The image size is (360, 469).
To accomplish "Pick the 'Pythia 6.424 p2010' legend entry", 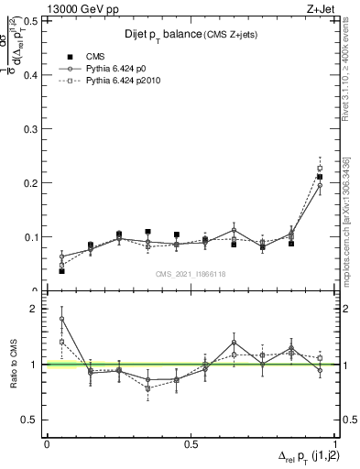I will click(x=122, y=82).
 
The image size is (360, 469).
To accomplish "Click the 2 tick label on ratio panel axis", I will click(x=36, y=309).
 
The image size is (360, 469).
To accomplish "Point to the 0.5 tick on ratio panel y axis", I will click(x=31, y=420).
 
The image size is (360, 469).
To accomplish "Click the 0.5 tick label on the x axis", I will click(x=191, y=443).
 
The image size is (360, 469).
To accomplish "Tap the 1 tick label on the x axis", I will click(x=334, y=443).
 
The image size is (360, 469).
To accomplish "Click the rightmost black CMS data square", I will click(x=320, y=177).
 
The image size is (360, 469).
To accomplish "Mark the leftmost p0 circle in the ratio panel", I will click(x=61, y=319).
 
